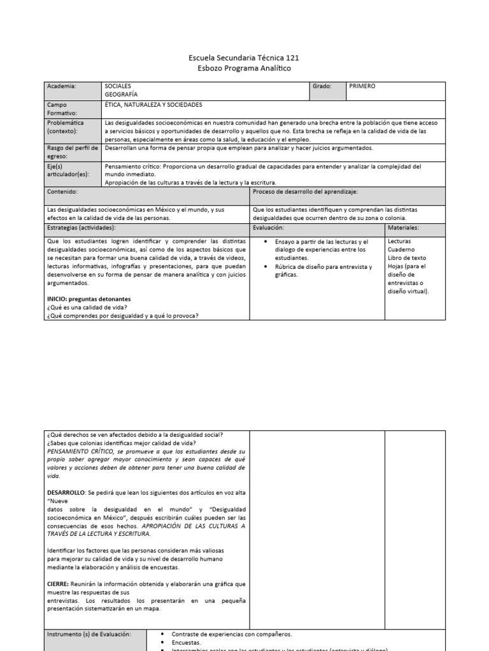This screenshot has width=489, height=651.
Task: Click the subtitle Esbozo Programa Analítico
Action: (x=245, y=69)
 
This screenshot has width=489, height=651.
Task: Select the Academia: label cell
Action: (x=62, y=86)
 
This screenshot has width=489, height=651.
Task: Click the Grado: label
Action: (x=322, y=86)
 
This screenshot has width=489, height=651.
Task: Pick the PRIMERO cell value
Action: (x=362, y=86)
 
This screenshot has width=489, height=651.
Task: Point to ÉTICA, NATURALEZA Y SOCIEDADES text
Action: (x=153, y=104)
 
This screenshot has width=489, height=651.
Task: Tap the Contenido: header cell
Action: (x=62, y=191)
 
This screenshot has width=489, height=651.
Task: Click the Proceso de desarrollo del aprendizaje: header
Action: (x=305, y=191)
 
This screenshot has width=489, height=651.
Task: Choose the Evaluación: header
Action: (x=268, y=227)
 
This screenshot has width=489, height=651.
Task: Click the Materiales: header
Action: (x=403, y=227)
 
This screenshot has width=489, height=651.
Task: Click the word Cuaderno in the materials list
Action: (x=400, y=250)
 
